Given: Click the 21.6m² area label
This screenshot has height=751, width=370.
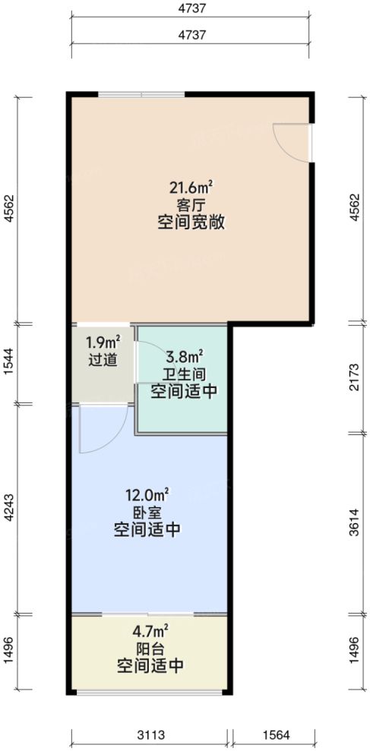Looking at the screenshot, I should click(x=191, y=187).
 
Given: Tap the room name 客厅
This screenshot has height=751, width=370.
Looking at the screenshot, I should click(x=191, y=205).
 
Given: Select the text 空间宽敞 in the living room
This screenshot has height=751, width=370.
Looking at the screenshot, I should click(x=191, y=223).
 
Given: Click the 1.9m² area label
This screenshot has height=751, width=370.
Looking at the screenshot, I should click(x=103, y=342).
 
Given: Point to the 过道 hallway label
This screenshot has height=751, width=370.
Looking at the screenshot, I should click(x=103, y=360).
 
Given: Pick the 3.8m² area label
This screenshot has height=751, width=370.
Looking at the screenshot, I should click(x=183, y=355).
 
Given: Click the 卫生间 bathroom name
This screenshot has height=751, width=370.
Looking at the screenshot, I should click(x=183, y=374).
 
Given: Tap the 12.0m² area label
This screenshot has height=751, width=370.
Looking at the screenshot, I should click(x=147, y=494).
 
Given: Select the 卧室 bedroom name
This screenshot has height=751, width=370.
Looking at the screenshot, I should click(x=147, y=511).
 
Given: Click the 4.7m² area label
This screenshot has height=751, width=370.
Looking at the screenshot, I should click(x=150, y=630).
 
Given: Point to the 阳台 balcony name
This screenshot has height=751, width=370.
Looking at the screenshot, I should click(x=150, y=648).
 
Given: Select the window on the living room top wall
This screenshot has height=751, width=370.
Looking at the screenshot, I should click(x=141, y=93).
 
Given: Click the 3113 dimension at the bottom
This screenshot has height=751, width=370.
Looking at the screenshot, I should click(x=150, y=735).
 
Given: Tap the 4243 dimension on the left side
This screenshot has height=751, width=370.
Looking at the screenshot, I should click(x=8, y=507).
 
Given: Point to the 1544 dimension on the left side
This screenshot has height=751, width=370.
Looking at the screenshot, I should click(x=8, y=363).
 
